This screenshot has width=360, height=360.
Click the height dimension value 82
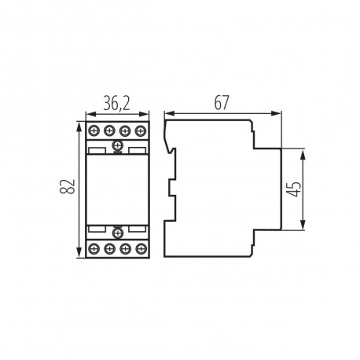68,188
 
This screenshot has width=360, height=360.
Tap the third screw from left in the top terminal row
125,130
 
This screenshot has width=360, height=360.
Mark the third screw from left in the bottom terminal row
125,247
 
